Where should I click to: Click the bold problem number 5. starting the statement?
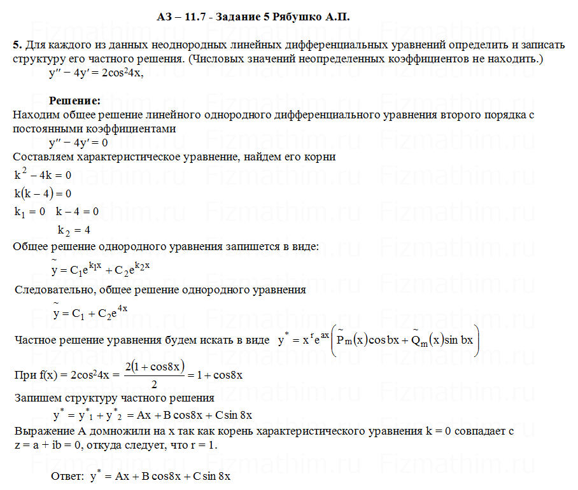[x=17, y=46]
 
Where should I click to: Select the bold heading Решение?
[x=74, y=101]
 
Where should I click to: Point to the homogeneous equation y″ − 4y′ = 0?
[x=78, y=143]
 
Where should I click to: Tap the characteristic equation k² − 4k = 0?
[x=43, y=174]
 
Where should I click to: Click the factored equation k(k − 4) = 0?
[x=43, y=193]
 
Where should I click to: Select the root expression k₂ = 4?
[x=73, y=230]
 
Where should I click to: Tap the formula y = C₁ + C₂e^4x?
[x=92, y=312]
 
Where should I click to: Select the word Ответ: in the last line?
[x=68, y=476]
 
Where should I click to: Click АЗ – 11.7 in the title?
[x=181, y=17]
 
